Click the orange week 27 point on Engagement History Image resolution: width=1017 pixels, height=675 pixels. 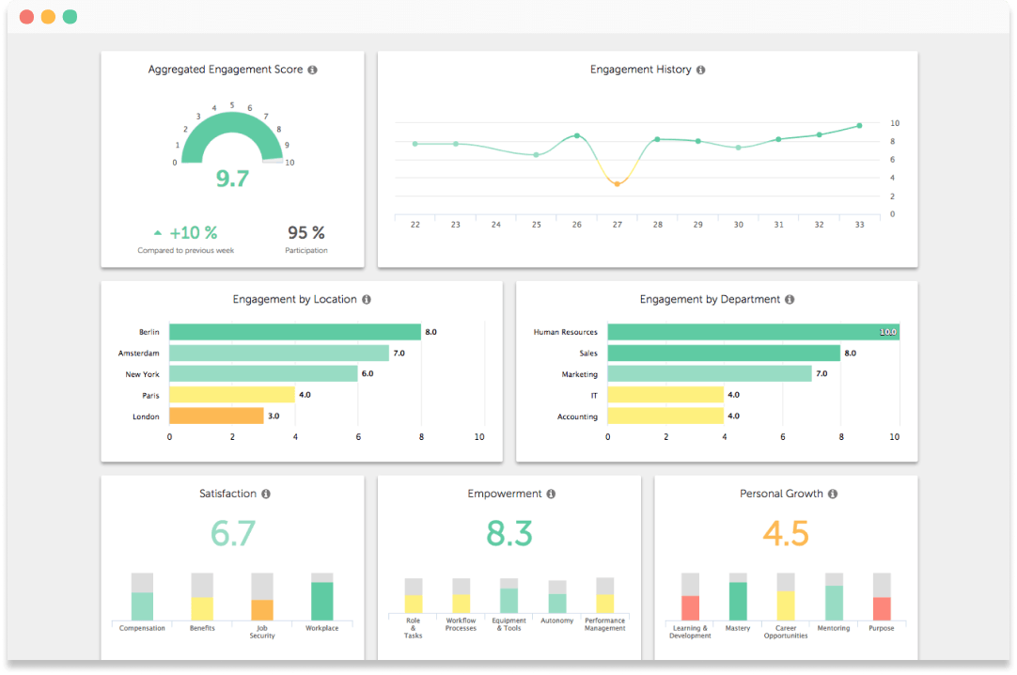617,183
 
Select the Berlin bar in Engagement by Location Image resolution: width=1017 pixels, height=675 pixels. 294,332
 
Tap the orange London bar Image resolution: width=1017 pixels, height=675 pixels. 216,416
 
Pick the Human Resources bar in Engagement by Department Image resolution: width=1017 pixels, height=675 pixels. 752,332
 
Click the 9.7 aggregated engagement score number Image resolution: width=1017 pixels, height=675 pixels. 232,179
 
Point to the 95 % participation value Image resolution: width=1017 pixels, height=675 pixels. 305,232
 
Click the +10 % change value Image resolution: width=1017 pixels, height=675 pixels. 193,232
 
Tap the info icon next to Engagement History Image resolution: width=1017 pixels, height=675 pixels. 701,70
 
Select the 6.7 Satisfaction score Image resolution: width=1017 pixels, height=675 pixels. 232,533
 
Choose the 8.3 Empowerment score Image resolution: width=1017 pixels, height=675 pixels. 508,533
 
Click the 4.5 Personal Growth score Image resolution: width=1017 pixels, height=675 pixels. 786,533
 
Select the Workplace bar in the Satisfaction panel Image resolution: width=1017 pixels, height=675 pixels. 322,600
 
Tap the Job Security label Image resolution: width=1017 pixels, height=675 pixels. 262,632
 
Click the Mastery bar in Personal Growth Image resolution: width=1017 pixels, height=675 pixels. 738,600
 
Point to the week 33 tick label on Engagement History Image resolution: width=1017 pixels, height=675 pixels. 859,225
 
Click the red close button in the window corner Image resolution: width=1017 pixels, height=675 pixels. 25,17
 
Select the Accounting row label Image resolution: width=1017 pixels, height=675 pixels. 577,416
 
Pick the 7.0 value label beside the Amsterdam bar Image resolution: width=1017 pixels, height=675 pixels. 399,353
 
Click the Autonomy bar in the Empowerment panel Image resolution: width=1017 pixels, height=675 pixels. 557,602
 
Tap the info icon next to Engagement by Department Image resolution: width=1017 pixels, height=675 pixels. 790,300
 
